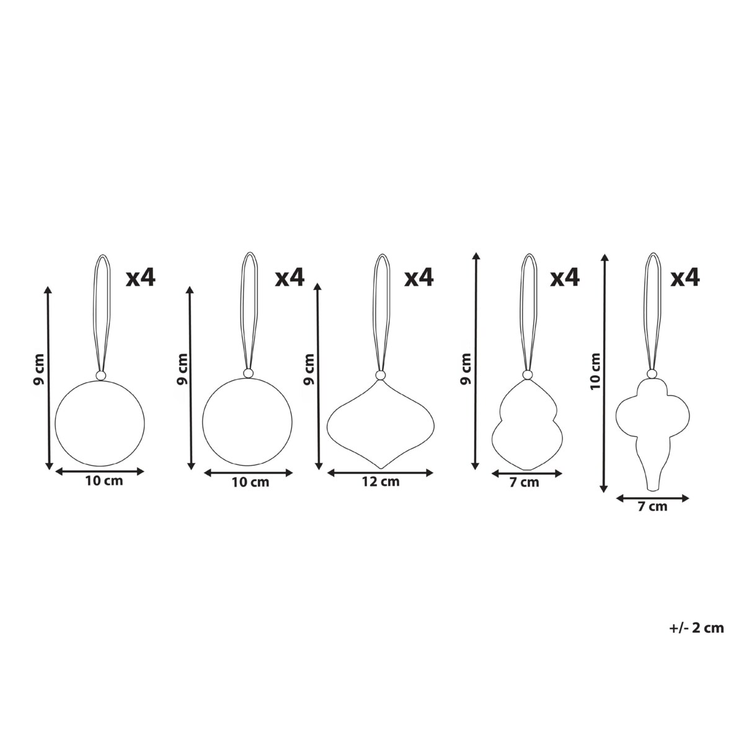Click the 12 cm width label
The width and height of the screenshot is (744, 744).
(x=380, y=482)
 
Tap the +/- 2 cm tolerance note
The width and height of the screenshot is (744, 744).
(x=696, y=628)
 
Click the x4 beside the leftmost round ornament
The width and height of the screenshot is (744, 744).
(x=141, y=278)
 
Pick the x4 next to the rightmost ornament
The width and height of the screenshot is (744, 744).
(x=685, y=278)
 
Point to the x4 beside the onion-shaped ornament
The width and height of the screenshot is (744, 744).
(x=419, y=278)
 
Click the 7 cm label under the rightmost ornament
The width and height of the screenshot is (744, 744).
(x=652, y=507)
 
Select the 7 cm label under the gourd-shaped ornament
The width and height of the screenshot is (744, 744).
(x=524, y=482)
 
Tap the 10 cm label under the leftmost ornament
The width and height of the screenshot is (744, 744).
(x=104, y=481)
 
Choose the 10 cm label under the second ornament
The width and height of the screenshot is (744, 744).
(x=250, y=482)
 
